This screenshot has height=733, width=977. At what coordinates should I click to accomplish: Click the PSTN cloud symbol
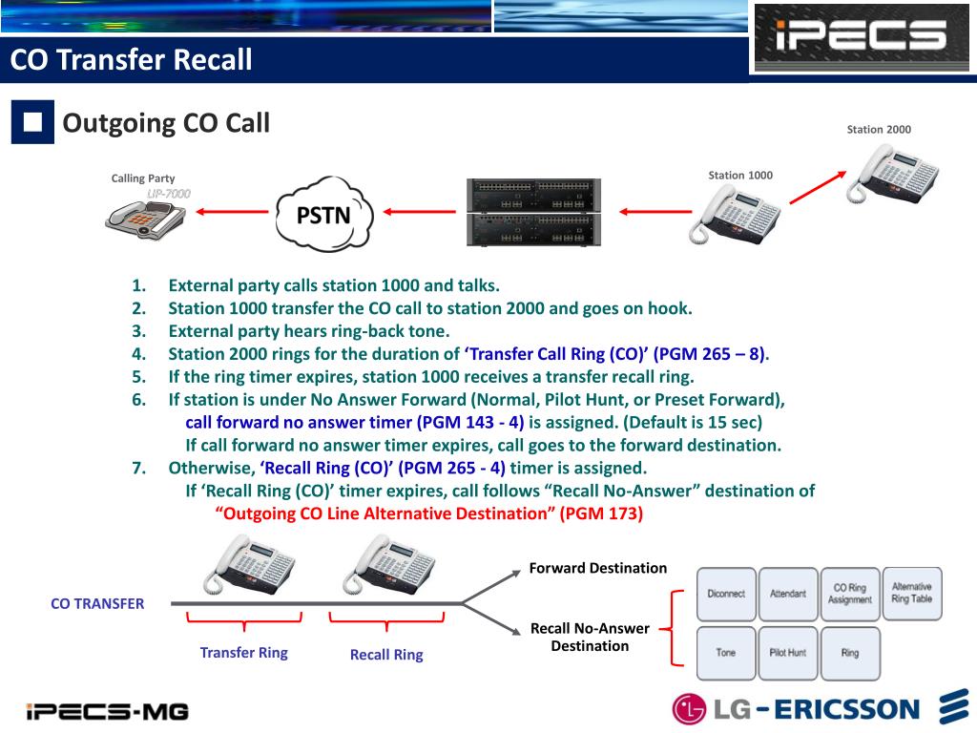[x=324, y=214]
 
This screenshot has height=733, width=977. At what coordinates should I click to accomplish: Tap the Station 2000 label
[x=879, y=130]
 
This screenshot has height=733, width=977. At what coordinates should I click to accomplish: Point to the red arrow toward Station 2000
[x=816, y=187]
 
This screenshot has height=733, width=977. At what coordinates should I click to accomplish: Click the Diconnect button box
[x=726, y=594]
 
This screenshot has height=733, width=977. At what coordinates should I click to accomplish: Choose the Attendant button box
[x=788, y=594]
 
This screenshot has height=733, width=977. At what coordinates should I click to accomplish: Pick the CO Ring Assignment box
[x=850, y=594]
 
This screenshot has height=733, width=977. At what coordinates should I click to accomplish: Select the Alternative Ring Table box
[x=912, y=593]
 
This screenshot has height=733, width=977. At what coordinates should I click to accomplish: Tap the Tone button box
[x=726, y=653]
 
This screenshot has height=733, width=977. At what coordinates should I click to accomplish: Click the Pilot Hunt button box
[x=788, y=653]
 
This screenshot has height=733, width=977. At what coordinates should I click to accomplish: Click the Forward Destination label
[x=598, y=568]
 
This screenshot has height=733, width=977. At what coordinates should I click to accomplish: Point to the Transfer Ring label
[x=243, y=653]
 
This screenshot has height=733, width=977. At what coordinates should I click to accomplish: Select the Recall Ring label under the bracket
[x=386, y=655]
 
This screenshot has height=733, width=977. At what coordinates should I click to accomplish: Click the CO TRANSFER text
[x=97, y=603]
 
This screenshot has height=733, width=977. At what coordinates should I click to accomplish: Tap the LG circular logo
[x=689, y=709]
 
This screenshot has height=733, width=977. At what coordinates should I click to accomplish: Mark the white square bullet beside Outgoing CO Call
[x=32, y=123]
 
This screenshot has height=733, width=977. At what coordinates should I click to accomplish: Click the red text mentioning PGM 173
[x=429, y=513]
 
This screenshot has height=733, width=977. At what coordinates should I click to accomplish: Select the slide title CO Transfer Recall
[x=132, y=60]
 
